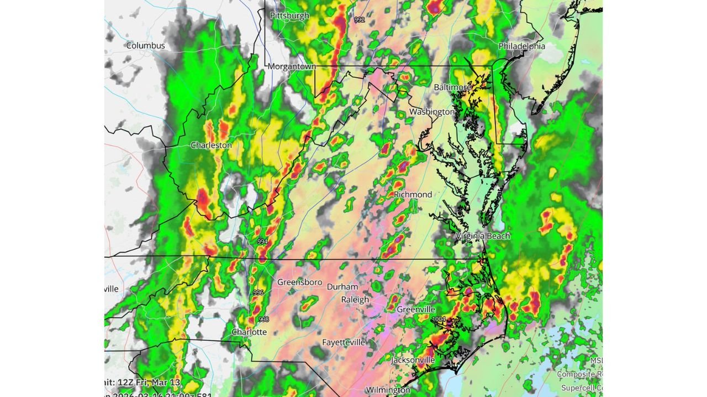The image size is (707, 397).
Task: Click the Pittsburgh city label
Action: point(289,15)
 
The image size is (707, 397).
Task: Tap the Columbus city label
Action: point(145,45)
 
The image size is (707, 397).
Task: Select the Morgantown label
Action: point(292,66)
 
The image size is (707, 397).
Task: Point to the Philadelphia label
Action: point(521,46)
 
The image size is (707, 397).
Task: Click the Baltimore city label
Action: point(452,87)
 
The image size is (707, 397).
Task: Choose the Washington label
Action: point(431,111)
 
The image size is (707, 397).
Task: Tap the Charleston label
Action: point(211,145)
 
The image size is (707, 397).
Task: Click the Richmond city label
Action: point(413,194)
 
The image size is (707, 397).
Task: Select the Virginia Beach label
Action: point(482,235)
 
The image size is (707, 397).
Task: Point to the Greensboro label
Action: point(299,282)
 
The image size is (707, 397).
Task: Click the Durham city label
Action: point(342,287)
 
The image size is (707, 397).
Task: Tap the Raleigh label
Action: point(355,299)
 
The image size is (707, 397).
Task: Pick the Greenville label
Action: point(416,309)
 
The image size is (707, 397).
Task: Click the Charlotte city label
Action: point(249,332)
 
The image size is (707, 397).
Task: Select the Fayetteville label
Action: point(344,342)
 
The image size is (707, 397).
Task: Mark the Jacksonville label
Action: point(413,360)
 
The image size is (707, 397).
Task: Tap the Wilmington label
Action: point(388,390)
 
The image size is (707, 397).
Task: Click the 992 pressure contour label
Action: point(360,20)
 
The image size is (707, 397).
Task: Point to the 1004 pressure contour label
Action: point(439,319)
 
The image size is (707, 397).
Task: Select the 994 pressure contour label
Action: point(262,242)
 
